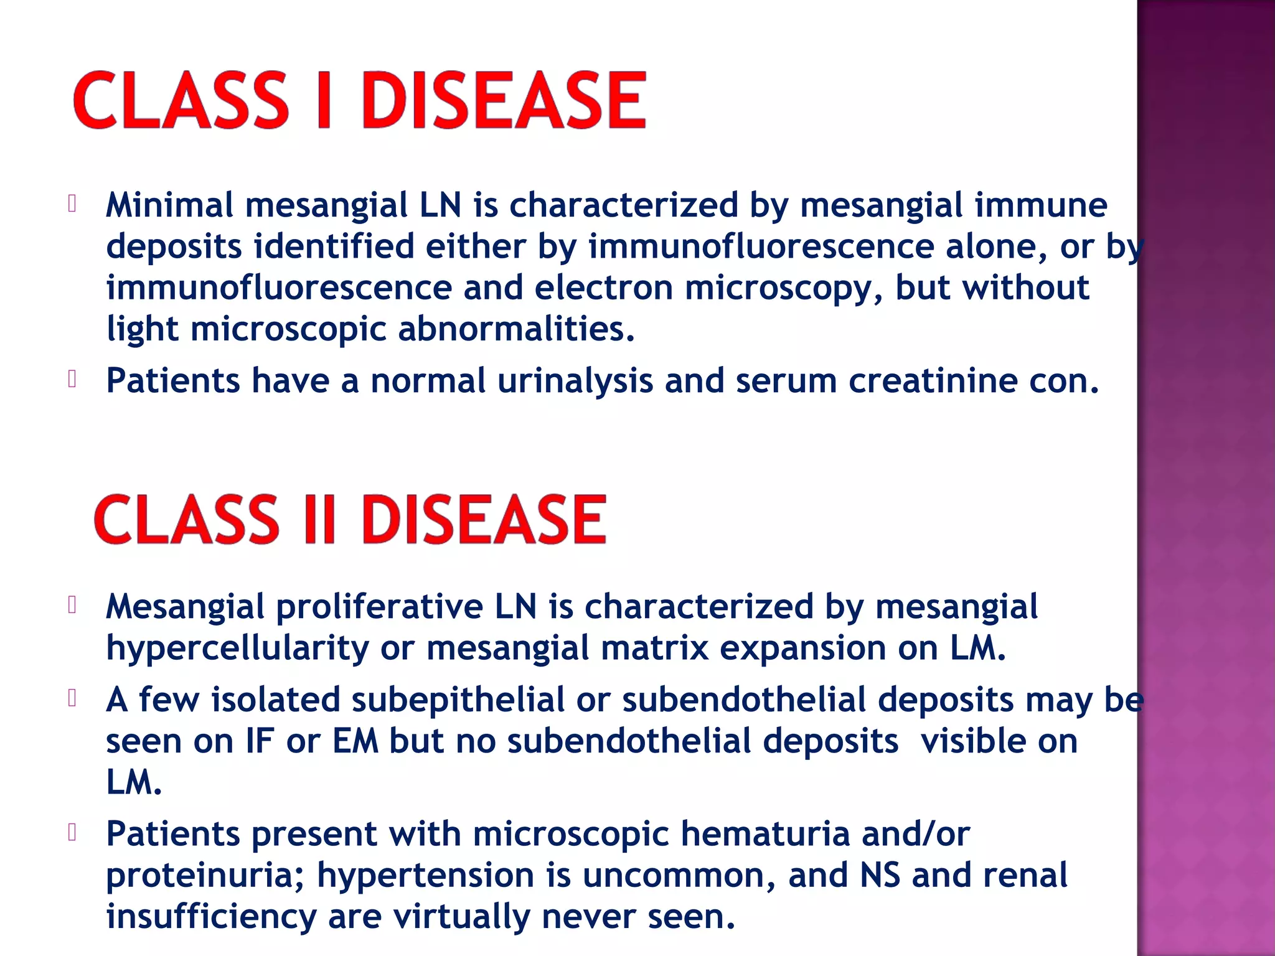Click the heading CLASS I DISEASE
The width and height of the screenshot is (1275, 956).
tap(360, 101)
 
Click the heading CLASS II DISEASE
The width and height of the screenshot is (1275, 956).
tap(350, 520)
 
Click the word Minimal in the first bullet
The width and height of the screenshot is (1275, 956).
tap(169, 205)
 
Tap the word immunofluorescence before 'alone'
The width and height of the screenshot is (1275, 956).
tap(761, 246)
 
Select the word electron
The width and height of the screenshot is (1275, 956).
tap(603, 288)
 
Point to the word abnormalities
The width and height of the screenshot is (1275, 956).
tap(516, 329)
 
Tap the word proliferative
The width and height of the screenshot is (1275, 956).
tap(379, 607)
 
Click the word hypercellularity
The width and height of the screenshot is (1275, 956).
tap(237, 649)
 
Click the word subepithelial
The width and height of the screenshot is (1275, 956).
tap(458, 700)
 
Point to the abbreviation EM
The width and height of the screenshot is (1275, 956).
tap(355, 741)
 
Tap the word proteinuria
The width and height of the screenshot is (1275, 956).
tap(205, 876)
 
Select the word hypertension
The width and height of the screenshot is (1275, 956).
tap(425, 876)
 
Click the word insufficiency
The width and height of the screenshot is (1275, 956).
tap(211, 917)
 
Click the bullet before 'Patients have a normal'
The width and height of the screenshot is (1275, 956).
tap(72, 379)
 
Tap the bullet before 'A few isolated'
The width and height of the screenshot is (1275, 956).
tap(72, 698)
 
